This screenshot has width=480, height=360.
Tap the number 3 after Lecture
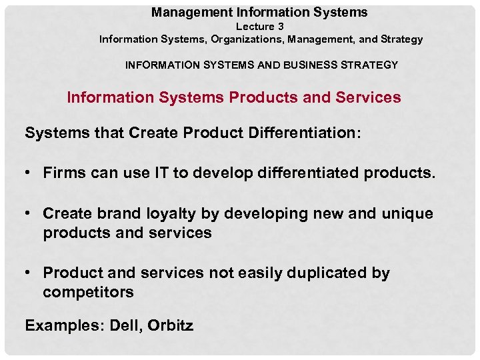click(x=281, y=27)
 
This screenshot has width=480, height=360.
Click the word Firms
click(x=63, y=173)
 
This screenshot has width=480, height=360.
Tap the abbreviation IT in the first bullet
click(x=161, y=173)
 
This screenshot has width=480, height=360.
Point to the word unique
click(x=407, y=214)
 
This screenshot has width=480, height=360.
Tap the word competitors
click(x=88, y=292)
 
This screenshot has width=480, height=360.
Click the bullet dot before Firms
click(x=31, y=173)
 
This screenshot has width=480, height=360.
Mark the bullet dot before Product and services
click(x=31, y=273)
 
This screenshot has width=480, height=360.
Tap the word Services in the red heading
click(x=371, y=97)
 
